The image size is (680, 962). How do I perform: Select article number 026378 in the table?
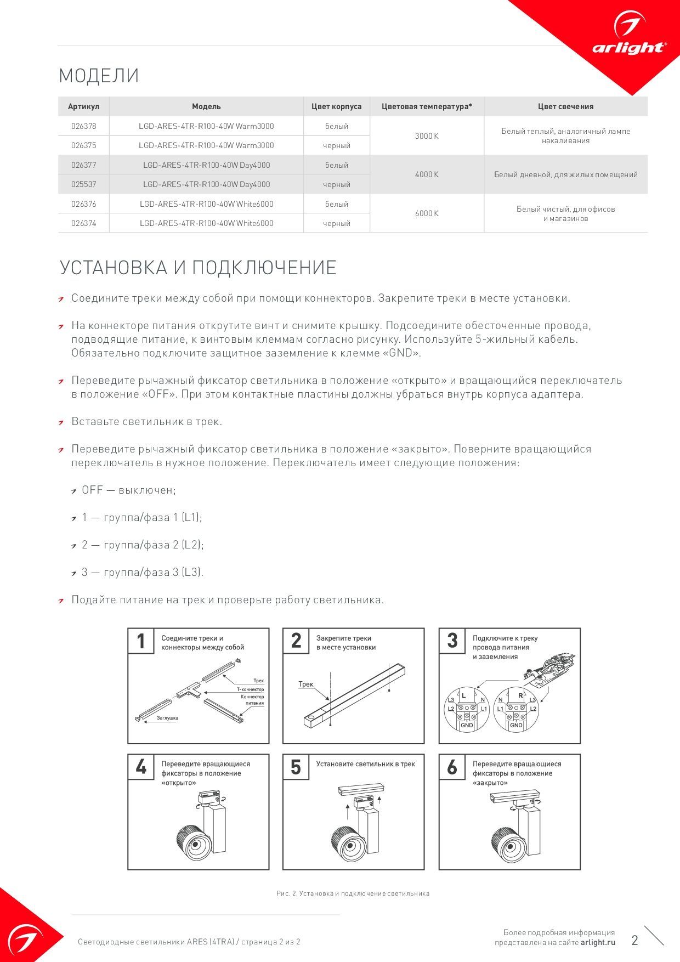click(83, 126)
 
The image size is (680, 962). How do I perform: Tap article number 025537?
click(83, 184)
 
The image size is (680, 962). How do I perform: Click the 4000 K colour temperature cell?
click(427, 174)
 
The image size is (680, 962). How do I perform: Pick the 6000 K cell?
click(427, 213)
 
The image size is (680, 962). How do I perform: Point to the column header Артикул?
click(83, 106)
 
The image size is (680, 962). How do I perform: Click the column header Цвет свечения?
click(565, 106)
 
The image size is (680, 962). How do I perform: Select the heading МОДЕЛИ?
click(99, 76)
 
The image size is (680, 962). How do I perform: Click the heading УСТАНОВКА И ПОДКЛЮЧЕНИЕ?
click(197, 268)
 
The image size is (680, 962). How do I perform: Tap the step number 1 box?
click(141, 641)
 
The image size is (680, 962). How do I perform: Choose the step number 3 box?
click(452, 641)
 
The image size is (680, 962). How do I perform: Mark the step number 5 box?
click(296, 767)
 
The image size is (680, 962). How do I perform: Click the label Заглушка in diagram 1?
click(167, 718)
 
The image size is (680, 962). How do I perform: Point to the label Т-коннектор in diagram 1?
click(250, 689)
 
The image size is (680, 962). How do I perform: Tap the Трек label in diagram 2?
click(306, 684)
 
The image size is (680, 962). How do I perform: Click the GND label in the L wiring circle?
click(467, 725)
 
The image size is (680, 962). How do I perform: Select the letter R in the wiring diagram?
click(520, 695)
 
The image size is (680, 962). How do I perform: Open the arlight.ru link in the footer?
click(598, 942)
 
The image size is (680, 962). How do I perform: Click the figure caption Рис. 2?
click(353, 893)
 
